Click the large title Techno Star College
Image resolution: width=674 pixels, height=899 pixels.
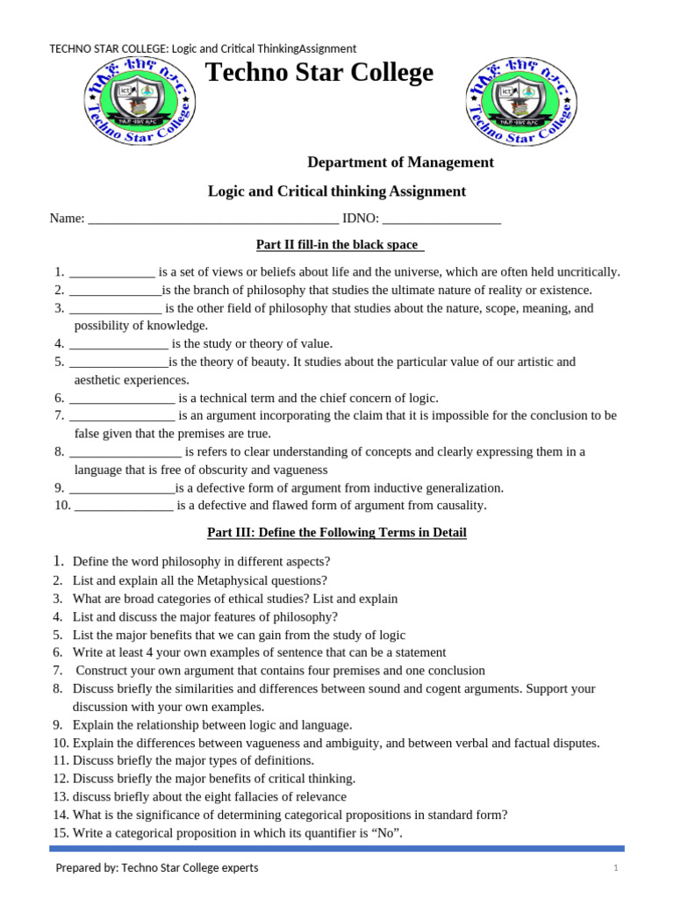pos(319,73)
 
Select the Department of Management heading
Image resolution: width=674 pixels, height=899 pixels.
pos(400,162)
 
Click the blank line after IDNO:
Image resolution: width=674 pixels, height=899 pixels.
pos(441,219)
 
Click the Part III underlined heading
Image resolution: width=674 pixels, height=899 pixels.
pos(336,533)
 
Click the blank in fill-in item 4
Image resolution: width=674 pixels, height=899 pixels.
pos(118,344)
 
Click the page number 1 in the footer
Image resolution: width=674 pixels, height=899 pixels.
pos(616,868)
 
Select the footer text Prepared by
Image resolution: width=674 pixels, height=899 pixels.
pos(88,868)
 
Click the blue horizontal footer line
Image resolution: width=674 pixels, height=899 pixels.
pos(336,849)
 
